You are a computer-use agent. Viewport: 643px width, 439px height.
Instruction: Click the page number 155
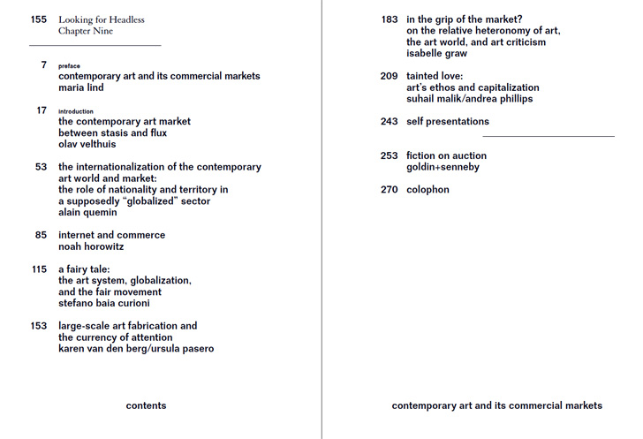[38, 19]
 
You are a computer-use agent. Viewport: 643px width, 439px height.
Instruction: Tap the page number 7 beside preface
[43, 65]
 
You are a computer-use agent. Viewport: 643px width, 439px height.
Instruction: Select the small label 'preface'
[69, 66]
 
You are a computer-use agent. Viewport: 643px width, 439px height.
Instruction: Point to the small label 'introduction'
[76, 111]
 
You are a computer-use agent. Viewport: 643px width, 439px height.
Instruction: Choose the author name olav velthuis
[87, 144]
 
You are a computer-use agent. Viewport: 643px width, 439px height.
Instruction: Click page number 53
[41, 167]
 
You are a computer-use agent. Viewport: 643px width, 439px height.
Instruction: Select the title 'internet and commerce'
[111, 235]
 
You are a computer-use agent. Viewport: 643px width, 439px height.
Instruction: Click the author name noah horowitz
[91, 246]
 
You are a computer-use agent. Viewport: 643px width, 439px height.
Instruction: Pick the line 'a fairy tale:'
[84, 269]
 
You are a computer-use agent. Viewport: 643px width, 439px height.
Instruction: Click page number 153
[38, 326]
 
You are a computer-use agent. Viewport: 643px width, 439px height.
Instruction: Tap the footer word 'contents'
[146, 406]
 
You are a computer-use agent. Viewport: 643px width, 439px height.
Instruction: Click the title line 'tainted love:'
[435, 77]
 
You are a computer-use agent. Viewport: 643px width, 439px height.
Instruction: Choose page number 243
[390, 122]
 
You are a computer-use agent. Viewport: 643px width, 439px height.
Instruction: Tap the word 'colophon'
[427, 190]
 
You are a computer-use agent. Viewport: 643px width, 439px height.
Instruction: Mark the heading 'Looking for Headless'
[102, 19]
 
